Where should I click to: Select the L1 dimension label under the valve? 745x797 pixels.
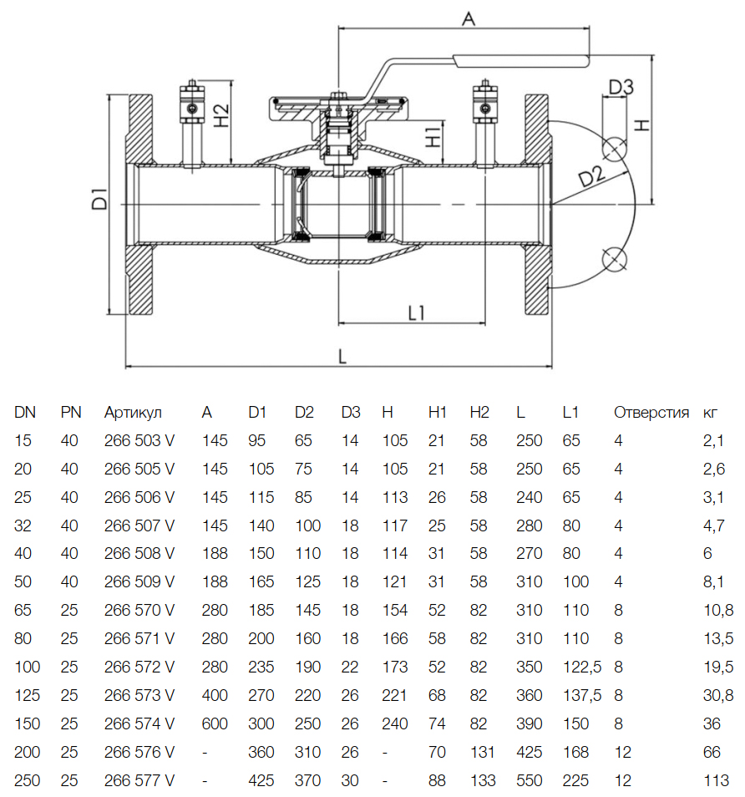[417, 313]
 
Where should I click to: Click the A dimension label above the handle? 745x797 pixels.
[468, 19]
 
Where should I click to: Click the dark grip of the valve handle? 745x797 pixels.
[521, 59]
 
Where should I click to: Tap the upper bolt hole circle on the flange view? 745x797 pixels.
[615, 148]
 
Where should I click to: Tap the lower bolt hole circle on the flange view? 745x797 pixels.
[615, 259]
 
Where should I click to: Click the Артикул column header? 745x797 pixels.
[133, 412]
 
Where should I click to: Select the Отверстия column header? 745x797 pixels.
[651, 412]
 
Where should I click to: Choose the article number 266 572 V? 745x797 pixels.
[139, 668]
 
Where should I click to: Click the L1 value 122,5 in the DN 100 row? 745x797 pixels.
[582, 668]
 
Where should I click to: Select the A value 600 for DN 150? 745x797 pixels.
[215, 724]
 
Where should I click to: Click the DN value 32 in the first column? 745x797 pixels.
[23, 525]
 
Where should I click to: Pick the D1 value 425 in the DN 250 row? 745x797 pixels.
[261, 781]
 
